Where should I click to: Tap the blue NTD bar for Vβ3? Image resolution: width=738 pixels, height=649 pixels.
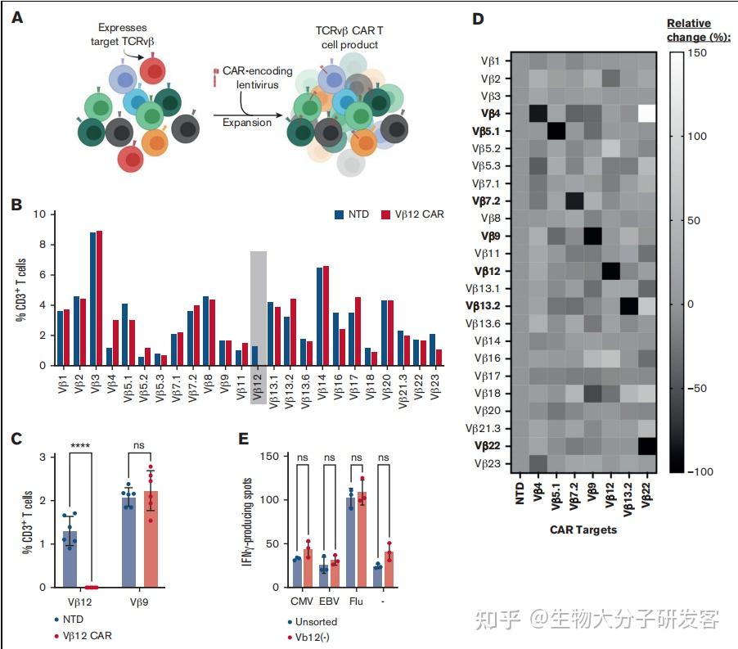pos(93,299)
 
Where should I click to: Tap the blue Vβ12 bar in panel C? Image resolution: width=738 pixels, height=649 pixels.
pos(75,559)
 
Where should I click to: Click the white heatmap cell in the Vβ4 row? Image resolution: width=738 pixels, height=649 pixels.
pos(646,112)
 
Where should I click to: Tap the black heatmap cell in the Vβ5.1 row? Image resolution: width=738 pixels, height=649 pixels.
pos(556,130)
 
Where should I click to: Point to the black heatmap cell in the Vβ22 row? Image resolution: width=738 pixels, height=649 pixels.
pos(646,446)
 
